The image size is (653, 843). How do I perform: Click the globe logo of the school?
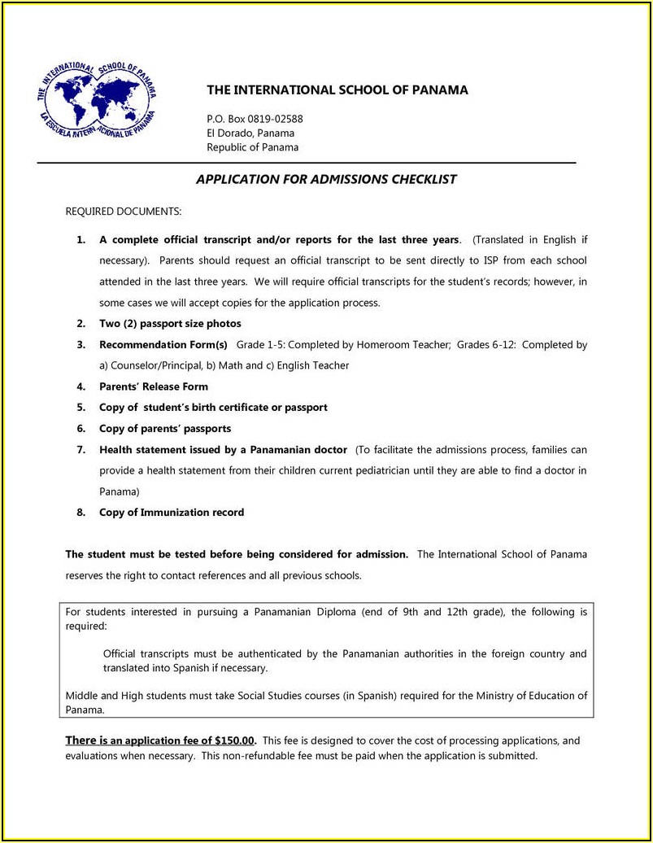(96, 101)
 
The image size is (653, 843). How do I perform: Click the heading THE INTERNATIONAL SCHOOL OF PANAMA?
(337, 90)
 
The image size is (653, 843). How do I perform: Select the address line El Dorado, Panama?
(250, 133)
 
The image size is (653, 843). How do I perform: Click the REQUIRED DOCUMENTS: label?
(124, 212)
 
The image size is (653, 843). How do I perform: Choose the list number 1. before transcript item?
(81, 240)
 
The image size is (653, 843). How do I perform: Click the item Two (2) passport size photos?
(170, 324)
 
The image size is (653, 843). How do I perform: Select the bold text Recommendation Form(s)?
(163, 345)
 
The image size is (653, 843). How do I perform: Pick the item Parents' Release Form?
(154, 387)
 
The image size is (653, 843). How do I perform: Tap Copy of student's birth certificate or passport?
(213, 408)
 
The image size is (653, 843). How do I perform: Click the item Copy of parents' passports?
(165, 429)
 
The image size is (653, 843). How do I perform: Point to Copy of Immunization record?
(172, 513)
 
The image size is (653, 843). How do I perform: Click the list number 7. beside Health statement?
(81, 450)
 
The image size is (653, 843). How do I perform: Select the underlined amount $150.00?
(235, 741)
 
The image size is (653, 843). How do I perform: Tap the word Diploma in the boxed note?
(334, 611)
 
